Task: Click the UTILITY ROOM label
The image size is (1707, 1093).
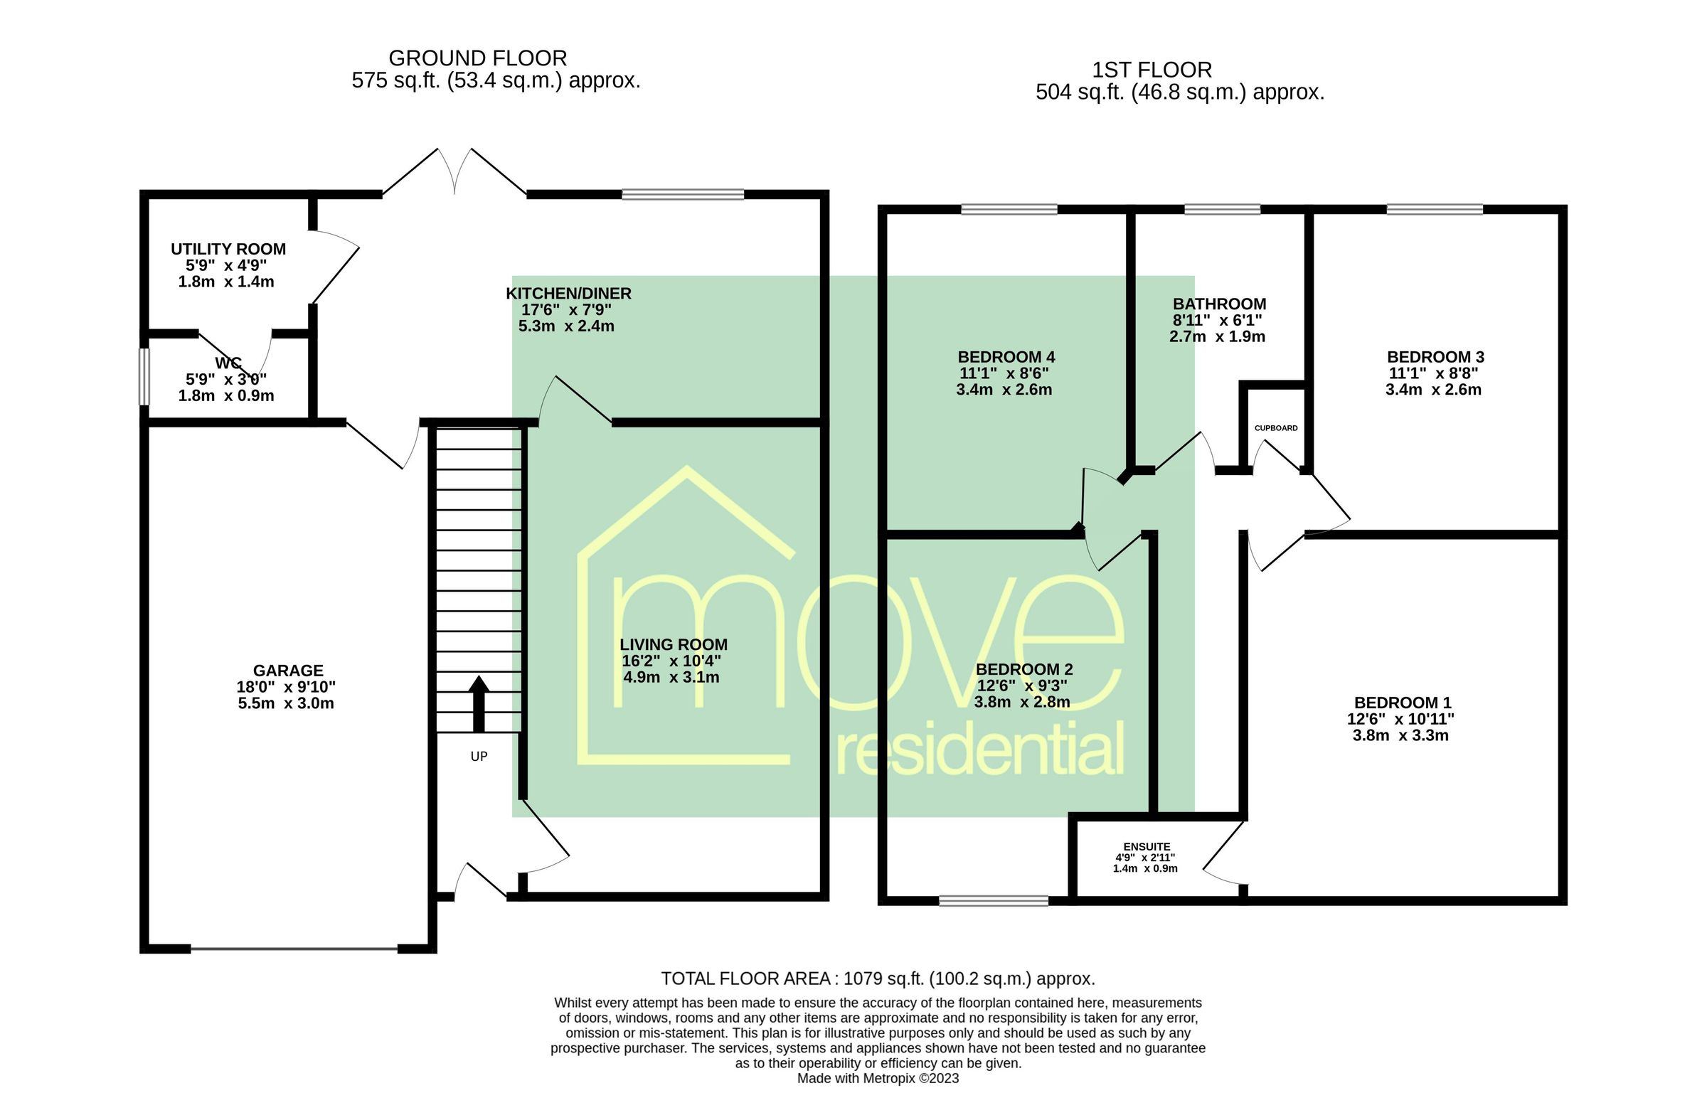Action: pos(228,250)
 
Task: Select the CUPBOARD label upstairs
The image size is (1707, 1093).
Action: pos(1276,428)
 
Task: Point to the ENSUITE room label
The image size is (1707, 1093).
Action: pos(1147,847)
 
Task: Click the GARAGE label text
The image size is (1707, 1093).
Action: pos(288,671)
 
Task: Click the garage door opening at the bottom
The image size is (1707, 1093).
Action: pos(294,949)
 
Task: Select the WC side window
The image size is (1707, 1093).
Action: pos(144,376)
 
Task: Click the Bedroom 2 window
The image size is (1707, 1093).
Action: pos(994,901)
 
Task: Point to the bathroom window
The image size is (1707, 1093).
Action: pos(1222,209)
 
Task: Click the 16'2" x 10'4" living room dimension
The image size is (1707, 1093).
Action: pos(671,661)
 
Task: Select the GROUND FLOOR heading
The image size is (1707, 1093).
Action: pos(477,58)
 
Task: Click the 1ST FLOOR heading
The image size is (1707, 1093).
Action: pos(1152,70)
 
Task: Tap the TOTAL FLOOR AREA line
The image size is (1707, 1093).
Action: pos(878,979)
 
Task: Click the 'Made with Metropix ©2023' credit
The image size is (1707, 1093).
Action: pos(878,1078)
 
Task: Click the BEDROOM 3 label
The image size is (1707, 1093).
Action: pos(1435,357)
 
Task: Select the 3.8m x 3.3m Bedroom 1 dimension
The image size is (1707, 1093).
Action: pos(1400,735)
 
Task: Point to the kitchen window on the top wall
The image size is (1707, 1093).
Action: pos(683,194)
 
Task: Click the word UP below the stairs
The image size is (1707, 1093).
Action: pos(479,757)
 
